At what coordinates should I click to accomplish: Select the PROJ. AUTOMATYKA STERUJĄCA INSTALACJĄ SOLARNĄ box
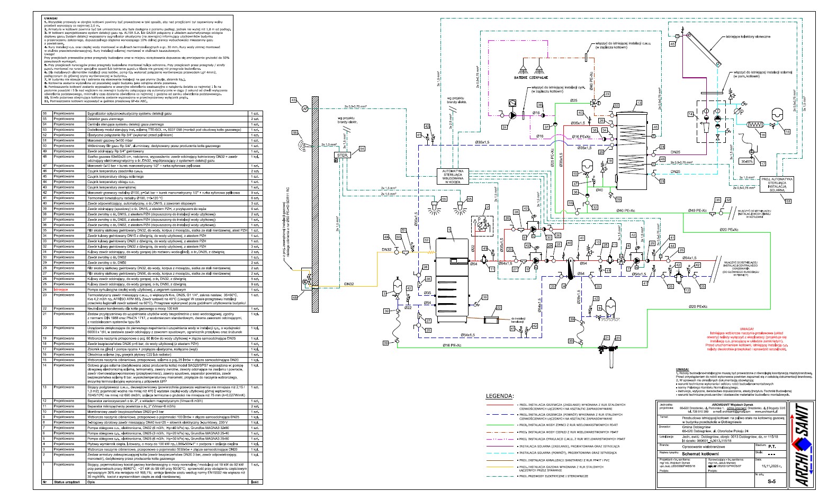pyautogui.click(x=775, y=183)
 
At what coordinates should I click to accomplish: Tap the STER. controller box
pyautogui.click(x=343, y=155)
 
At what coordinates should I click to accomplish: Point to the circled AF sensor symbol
pyautogui.click(x=304, y=108)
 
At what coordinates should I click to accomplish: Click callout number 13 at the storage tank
pyautogui.click(x=640, y=102)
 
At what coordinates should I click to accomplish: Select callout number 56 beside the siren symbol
pyautogui.click(x=294, y=133)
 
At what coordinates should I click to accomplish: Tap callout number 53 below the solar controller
pyautogui.click(x=788, y=201)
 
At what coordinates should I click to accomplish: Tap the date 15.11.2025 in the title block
pyautogui.click(x=773, y=466)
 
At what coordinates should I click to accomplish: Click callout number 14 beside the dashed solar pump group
pyautogui.click(x=690, y=114)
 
